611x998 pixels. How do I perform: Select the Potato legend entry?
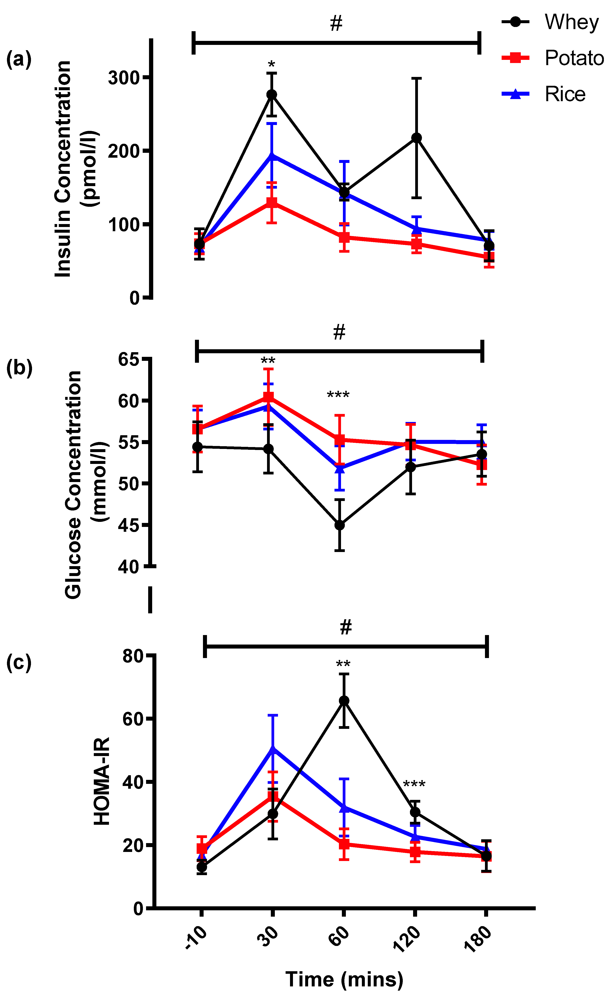coord(553,58)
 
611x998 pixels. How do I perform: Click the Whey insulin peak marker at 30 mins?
coord(272,94)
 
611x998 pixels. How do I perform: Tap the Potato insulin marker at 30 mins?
coord(272,202)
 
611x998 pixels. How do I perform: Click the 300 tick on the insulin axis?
coord(124,77)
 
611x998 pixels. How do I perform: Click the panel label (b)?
coord(19,368)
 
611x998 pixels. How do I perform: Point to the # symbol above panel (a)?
coord(336,23)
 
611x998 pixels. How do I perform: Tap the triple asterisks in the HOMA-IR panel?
coord(414,784)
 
